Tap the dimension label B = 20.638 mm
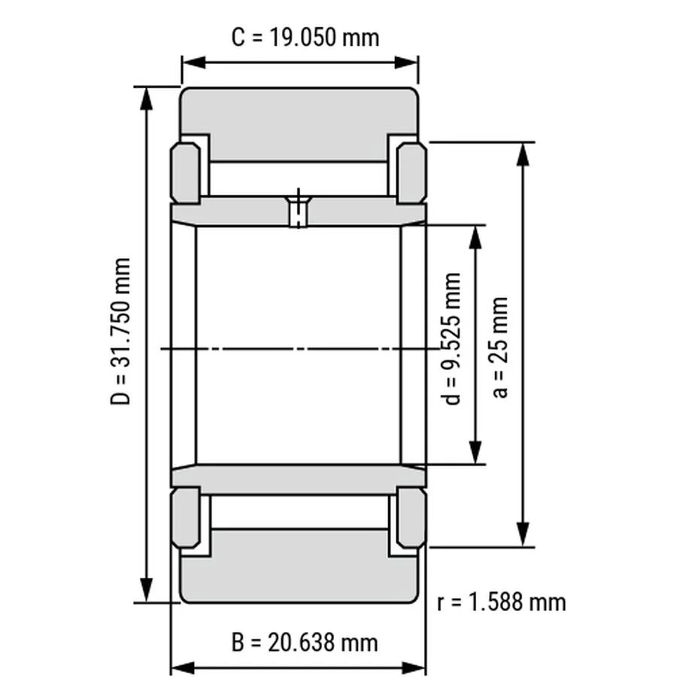point(305,642)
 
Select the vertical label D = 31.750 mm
point(120,331)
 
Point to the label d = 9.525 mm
point(451,339)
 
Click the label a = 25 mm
point(500,347)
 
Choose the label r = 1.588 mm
point(501,603)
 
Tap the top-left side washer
point(186,173)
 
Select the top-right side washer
point(411,173)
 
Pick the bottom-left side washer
point(186,518)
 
